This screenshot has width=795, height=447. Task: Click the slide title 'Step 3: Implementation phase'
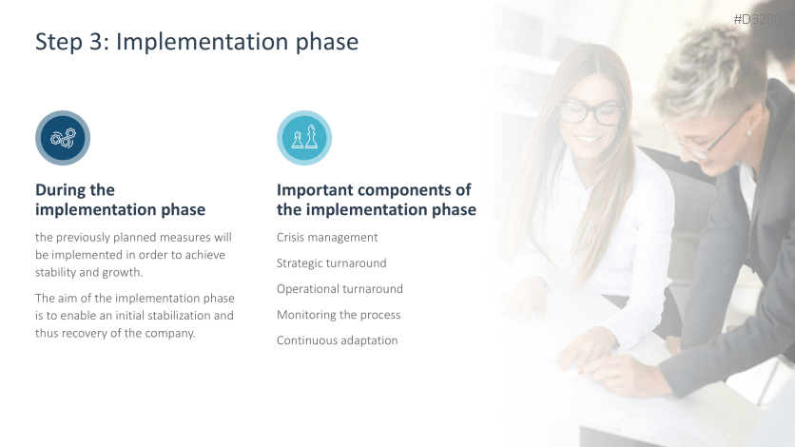click(x=197, y=42)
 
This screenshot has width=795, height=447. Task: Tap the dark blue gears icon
click(x=63, y=138)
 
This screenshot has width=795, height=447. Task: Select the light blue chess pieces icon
click(x=304, y=138)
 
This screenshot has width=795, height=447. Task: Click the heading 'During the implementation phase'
click(x=120, y=200)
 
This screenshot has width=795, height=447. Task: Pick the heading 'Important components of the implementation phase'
click(x=377, y=200)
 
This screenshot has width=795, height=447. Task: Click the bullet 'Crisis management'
click(x=327, y=238)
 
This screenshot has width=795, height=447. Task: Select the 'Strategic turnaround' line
click(x=332, y=263)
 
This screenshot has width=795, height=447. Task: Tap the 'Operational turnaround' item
click(x=339, y=289)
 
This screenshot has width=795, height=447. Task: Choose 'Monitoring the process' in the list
click(x=339, y=315)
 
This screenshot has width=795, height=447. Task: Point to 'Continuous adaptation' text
click(x=338, y=340)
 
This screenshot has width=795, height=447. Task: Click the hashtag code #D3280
click(x=757, y=19)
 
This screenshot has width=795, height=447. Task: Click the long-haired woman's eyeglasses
click(x=591, y=112)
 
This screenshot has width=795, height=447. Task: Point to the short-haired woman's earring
click(x=748, y=134)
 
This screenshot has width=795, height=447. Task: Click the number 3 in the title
click(x=96, y=42)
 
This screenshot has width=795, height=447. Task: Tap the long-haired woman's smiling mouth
click(x=588, y=138)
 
